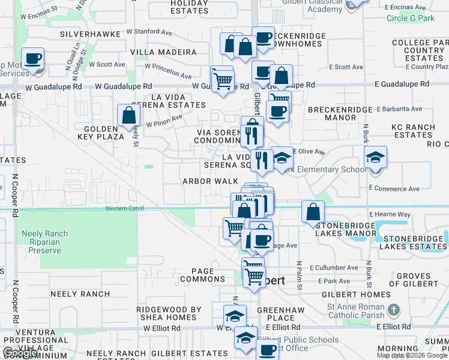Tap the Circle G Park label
[x=411, y=18]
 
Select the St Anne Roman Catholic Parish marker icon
[x=393, y=310]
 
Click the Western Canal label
[x=125, y=209]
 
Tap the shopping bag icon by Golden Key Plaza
[x=128, y=115]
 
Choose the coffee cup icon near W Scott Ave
[x=34, y=59]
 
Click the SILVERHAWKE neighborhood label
[x=87, y=34]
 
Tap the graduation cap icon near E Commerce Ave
[x=375, y=158]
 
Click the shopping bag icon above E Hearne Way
[x=313, y=211]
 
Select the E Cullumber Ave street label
[x=334, y=268]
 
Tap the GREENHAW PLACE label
[x=276, y=314]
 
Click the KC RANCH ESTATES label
[x=412, y=131]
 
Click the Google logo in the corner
[x=20, y=353]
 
